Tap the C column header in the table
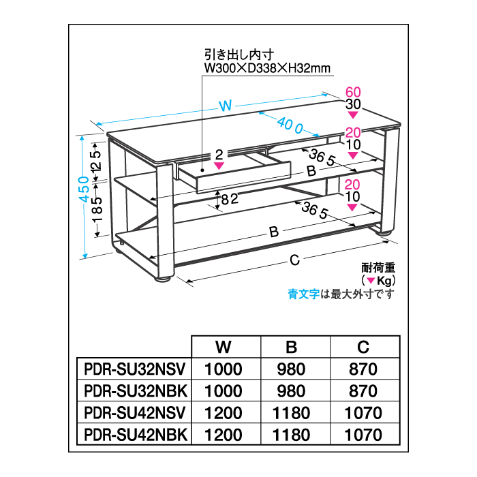(363, 348)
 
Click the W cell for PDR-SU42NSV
(223, 413)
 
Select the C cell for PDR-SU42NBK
(363, 434)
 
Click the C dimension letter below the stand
(294, 259)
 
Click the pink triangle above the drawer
(219, 166)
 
